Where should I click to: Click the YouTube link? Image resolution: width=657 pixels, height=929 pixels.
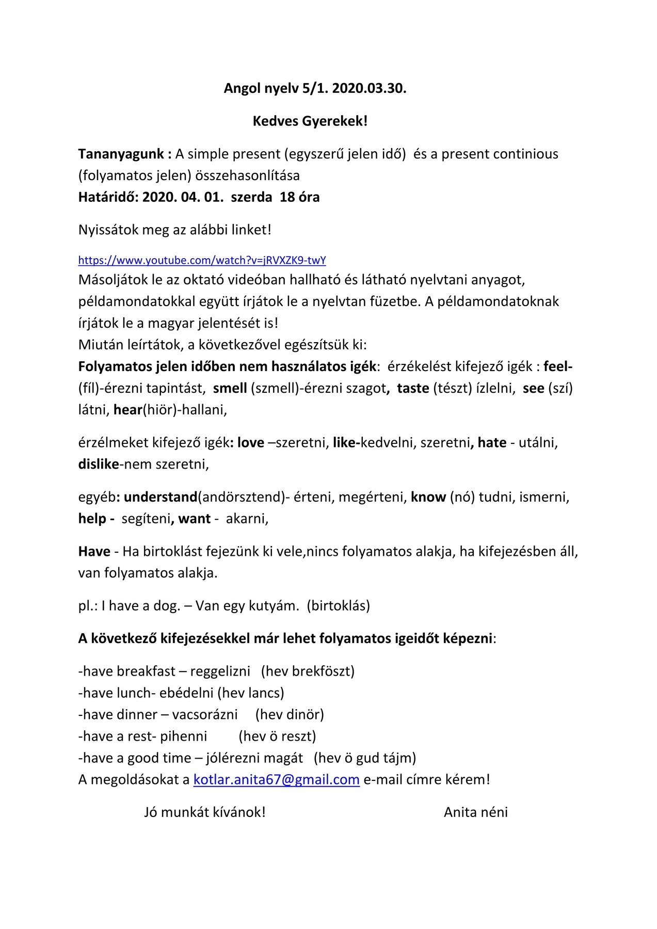pyautogui.click(x=202, y=260)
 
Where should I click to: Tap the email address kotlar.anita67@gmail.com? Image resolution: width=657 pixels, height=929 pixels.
pyautogui.click(x=276, y=779)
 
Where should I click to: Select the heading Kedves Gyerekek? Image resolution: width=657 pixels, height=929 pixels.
pyautogui.click(x=310, y=121)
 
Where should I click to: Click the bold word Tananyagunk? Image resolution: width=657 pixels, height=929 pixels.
pyautogui.click(x=121, y=154)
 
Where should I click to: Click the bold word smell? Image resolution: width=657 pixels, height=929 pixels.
pyautogui.click(x=230, y=388)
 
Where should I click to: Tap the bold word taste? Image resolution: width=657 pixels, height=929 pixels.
pyautogui.click(x=413, y=388)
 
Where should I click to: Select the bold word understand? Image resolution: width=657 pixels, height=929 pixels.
pyautogui.click(x=161, y=497)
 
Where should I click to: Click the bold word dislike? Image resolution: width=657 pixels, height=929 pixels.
pyautogui.click(x=99, y=464)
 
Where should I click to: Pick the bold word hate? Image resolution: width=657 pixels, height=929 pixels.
pyautogui.click(x=492, y=443)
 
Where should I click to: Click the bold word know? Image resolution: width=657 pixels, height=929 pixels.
pyautogui.click(x=428, y=497)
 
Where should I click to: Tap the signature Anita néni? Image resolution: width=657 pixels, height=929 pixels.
pyautogui.click(x=475, y=812)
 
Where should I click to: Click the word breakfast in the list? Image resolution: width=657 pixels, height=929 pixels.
pyautogui.click(x=146, y=671)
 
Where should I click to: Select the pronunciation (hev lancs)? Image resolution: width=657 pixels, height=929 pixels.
pyautogui.click(x=251, y=693)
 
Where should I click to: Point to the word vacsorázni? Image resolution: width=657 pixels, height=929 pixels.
pyautogui.click(x=205, y=714)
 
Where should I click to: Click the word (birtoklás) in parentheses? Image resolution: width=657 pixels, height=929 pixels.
pyautogui.click(x=338, y=605)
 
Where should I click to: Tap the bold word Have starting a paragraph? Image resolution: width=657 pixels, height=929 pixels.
pyautogui.click(x=94, y=552)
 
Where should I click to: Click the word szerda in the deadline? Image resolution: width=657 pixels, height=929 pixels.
pyautogui.click(x=251, y=197)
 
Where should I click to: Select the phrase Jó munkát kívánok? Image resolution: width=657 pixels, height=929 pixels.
pyautogui.click(x=204, y=812)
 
